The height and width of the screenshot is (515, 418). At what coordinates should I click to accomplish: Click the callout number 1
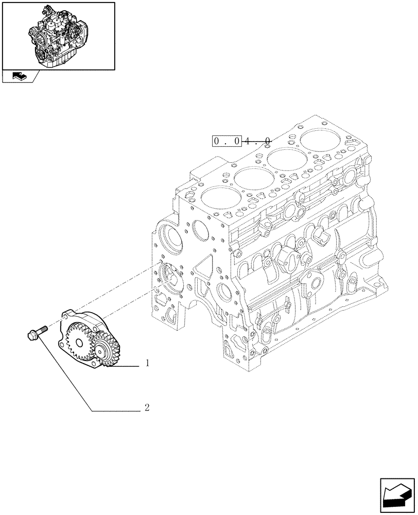(x=147, y=364)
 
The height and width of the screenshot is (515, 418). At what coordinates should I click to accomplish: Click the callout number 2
(x=147, y=408)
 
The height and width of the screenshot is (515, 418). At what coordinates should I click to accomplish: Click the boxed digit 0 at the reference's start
(x=218, y=141)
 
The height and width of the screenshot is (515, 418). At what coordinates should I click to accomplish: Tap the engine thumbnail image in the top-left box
(x=58, y=35)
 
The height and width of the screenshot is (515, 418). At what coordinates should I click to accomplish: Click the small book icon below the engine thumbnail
(x=18, y=77)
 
